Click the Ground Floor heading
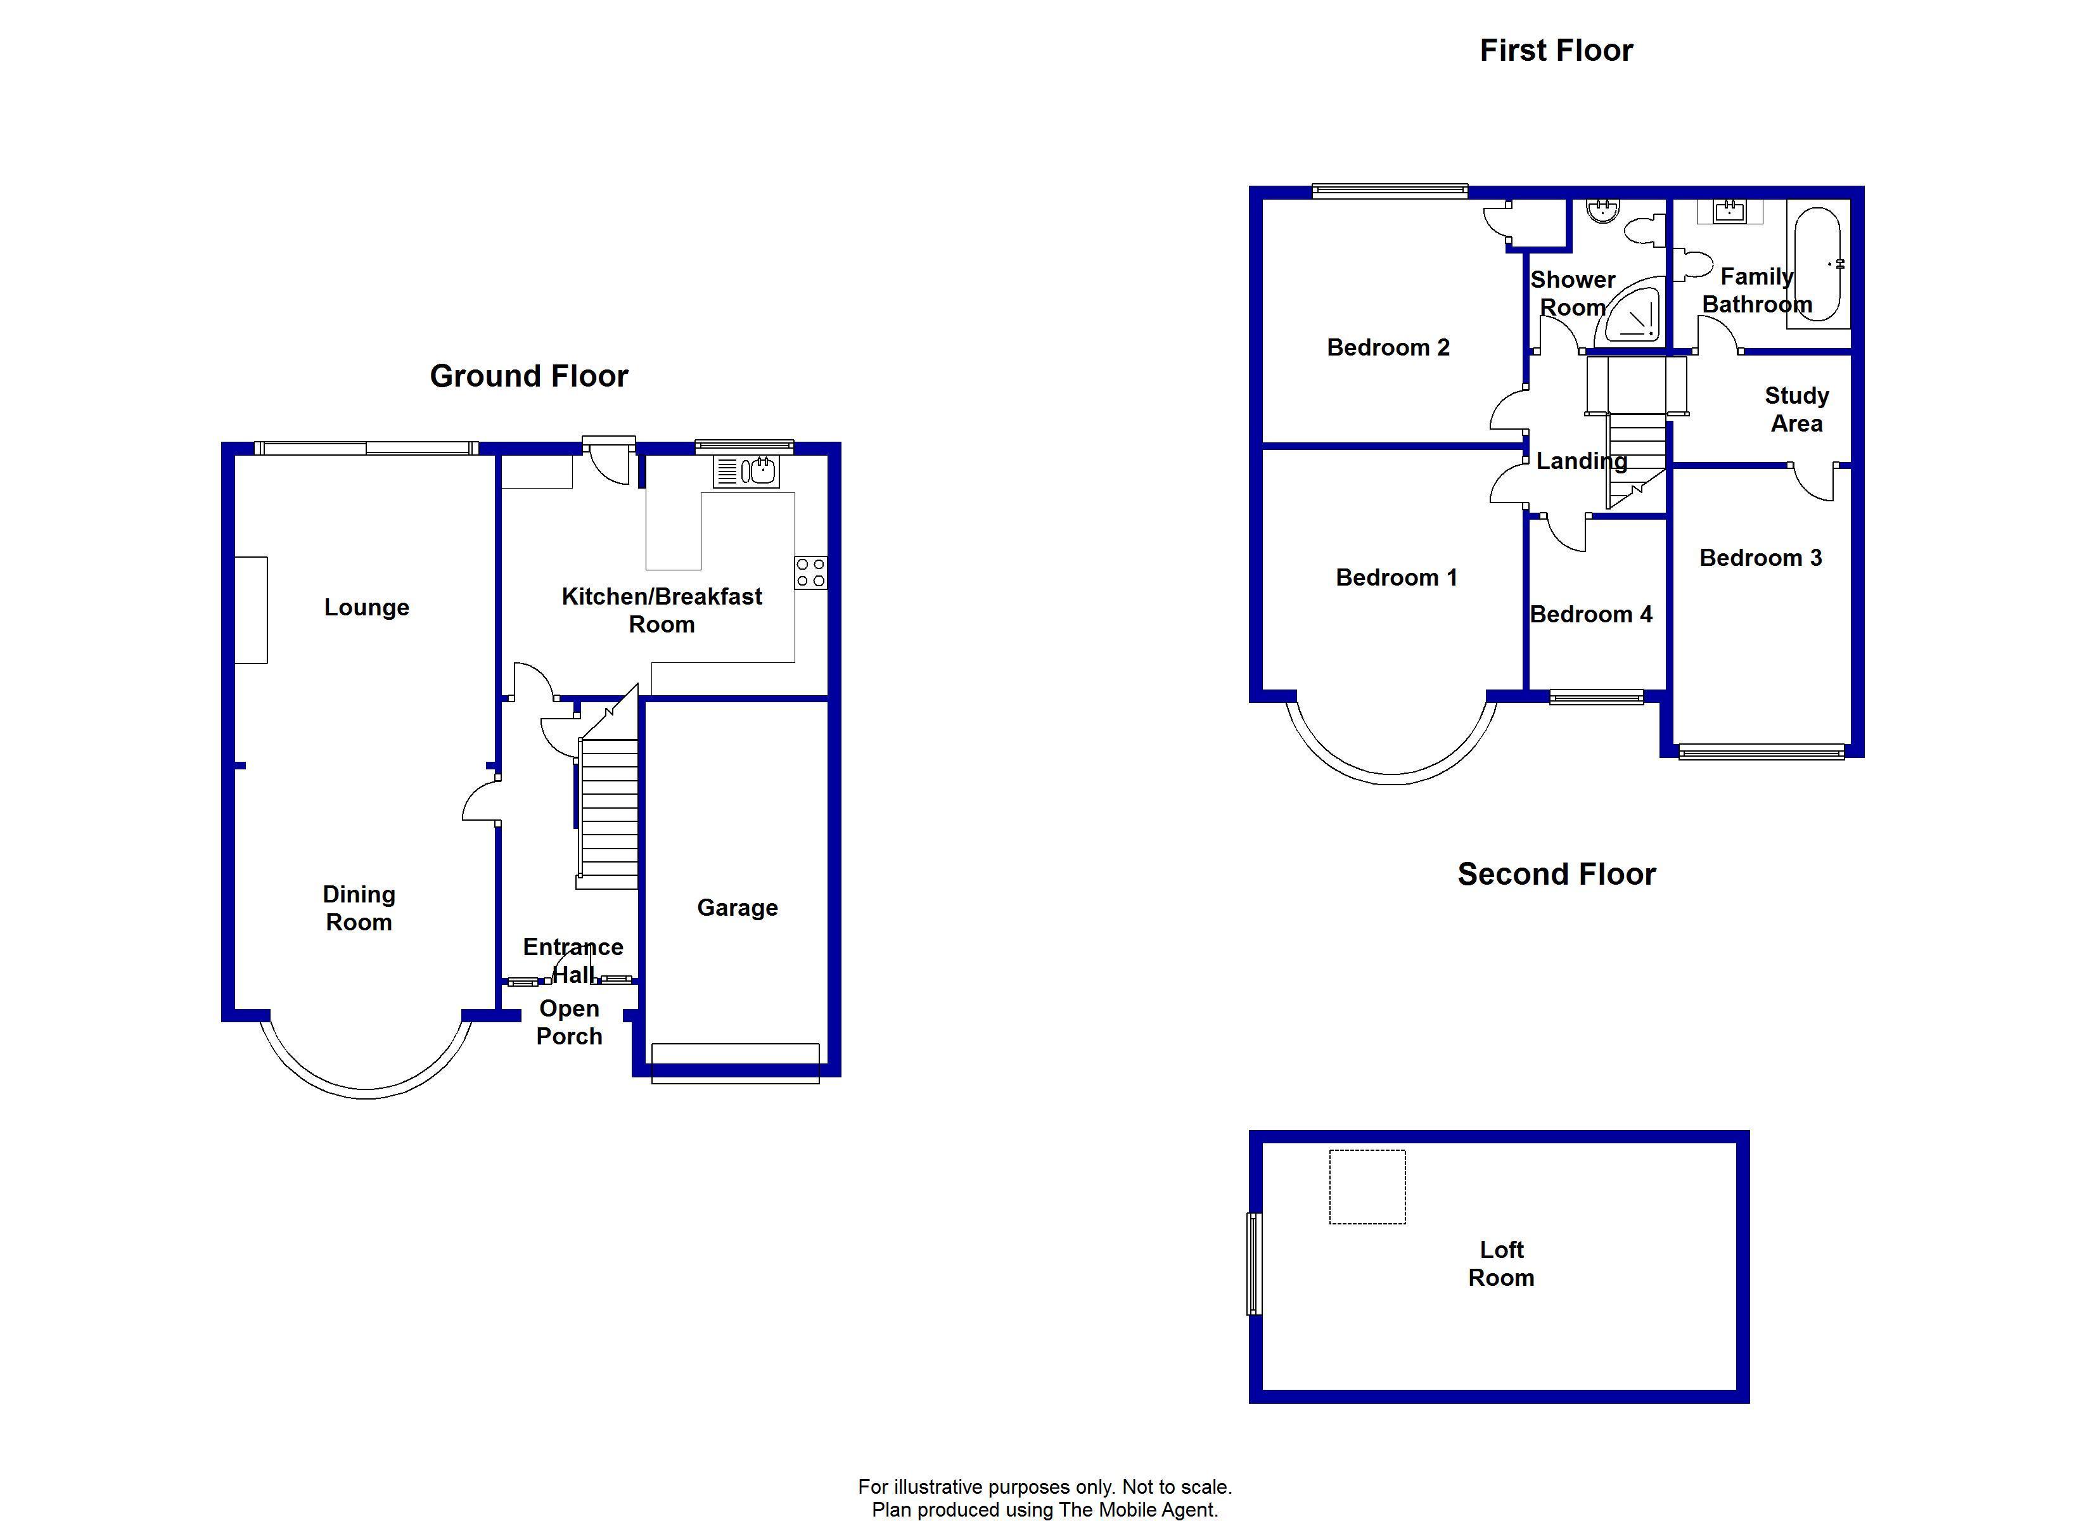click(528, 376)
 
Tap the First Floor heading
click(1556, 51)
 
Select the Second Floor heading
click(1556, 875)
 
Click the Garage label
click(737, 908)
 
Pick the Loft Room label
click(1501, 1264)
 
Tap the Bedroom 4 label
click(1590, 614)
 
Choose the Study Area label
click(1796, 409)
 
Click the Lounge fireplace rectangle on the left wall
click(251, 610)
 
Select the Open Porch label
click(569, 1022)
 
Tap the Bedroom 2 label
click(1388, 348)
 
